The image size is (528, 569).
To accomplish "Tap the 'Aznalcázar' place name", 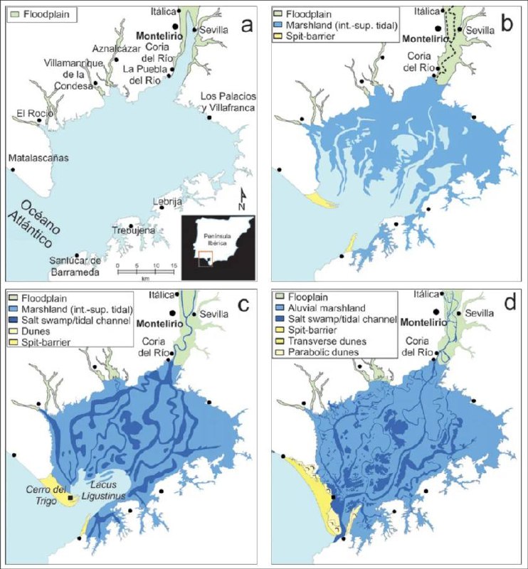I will point(114,48).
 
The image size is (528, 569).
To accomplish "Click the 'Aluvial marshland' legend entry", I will point(332,308).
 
